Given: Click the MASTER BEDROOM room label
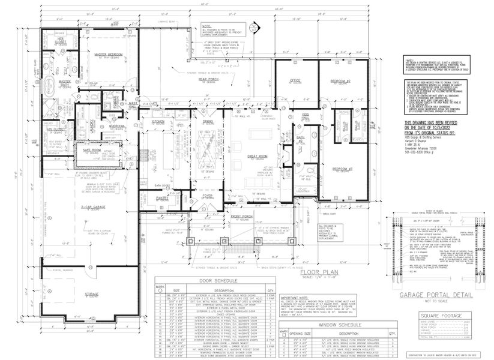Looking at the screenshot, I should click(x=109, y=55).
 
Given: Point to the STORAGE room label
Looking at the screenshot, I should click(x=92, y=294).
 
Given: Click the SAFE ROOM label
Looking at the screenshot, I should click(x=85, y=149).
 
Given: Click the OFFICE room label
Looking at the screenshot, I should click(x=294, y=80).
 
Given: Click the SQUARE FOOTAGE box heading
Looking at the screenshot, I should click(x=441, y=316).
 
